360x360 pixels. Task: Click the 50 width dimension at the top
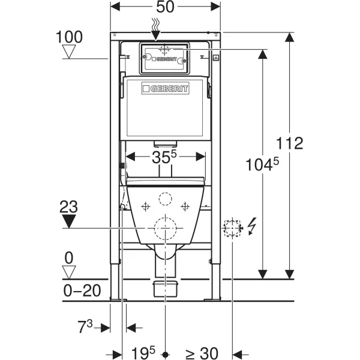point(165,7)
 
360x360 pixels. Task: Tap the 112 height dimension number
point(289,143)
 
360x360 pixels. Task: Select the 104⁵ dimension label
point(262,164)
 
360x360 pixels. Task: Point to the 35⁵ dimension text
point(164,157)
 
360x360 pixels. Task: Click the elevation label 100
point(69,37)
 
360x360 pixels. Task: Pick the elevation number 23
point(68,206)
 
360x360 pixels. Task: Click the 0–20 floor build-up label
point(82,290)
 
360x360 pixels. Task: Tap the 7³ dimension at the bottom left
point(85,326)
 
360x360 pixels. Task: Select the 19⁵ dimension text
point(143,353)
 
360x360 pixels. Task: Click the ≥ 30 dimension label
point(202,353)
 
